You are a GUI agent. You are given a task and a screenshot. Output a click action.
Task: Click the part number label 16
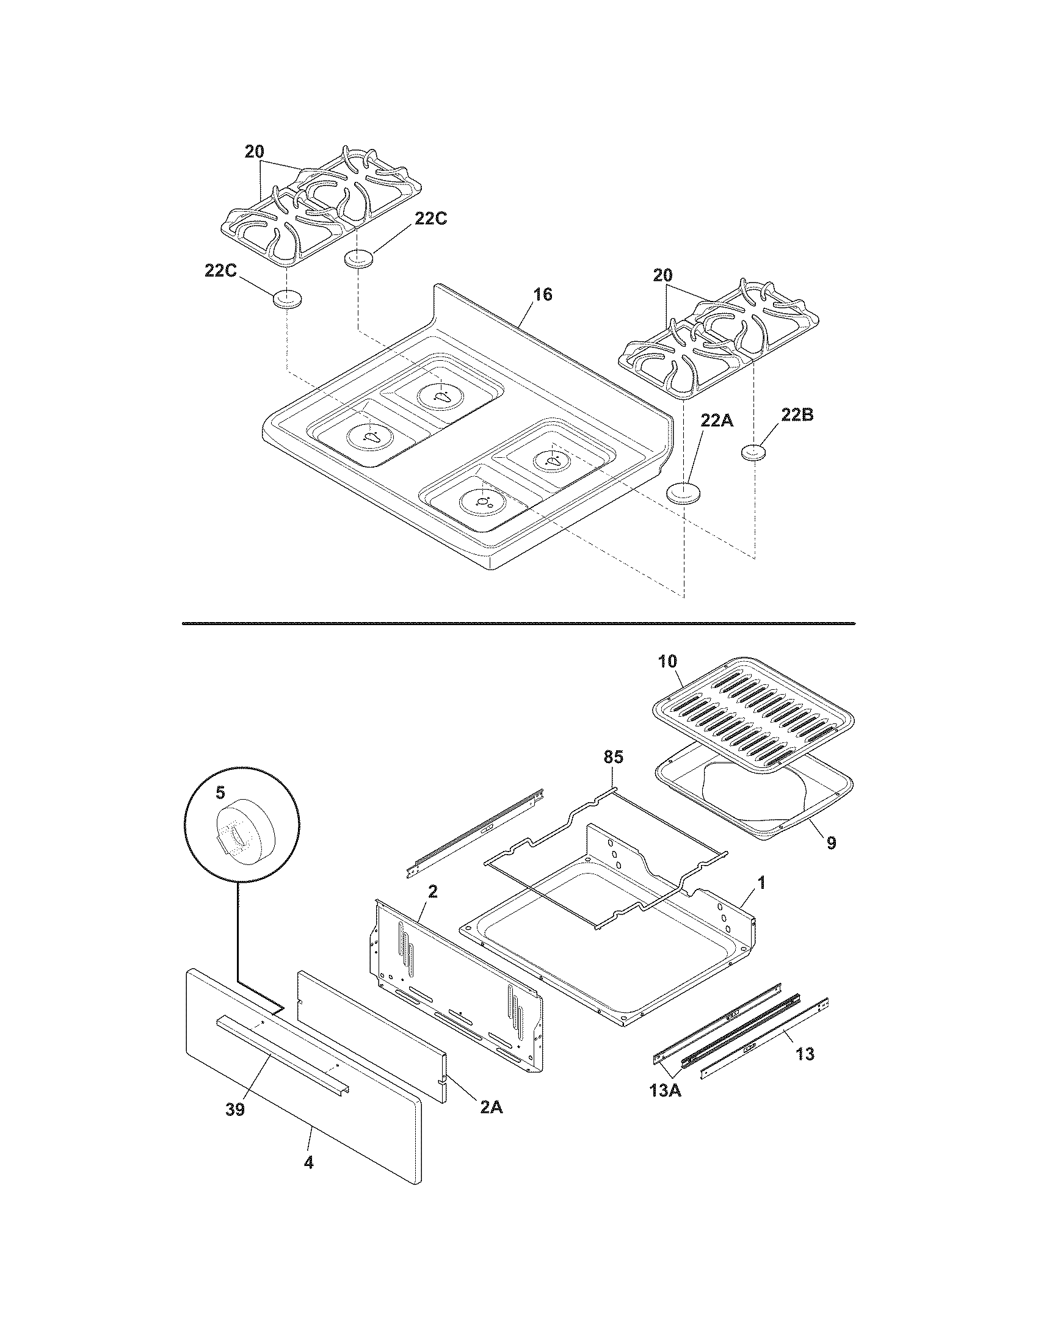point(542,295)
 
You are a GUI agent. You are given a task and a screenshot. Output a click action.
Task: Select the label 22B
point(797,415)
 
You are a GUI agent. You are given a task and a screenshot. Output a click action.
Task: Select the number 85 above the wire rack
point(612,757)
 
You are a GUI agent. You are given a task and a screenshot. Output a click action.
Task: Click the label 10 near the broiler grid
point(667,661)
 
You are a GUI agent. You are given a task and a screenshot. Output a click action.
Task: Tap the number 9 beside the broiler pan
point(831,843)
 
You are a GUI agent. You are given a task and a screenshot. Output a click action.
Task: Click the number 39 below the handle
point(235,1109)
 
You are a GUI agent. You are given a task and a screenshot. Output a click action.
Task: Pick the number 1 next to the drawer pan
point(761,884)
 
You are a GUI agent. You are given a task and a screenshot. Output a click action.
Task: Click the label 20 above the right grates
point(662,276)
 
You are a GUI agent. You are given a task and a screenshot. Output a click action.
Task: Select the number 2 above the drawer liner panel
point(432,892)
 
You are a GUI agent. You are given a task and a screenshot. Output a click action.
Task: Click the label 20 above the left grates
point(254,152)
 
